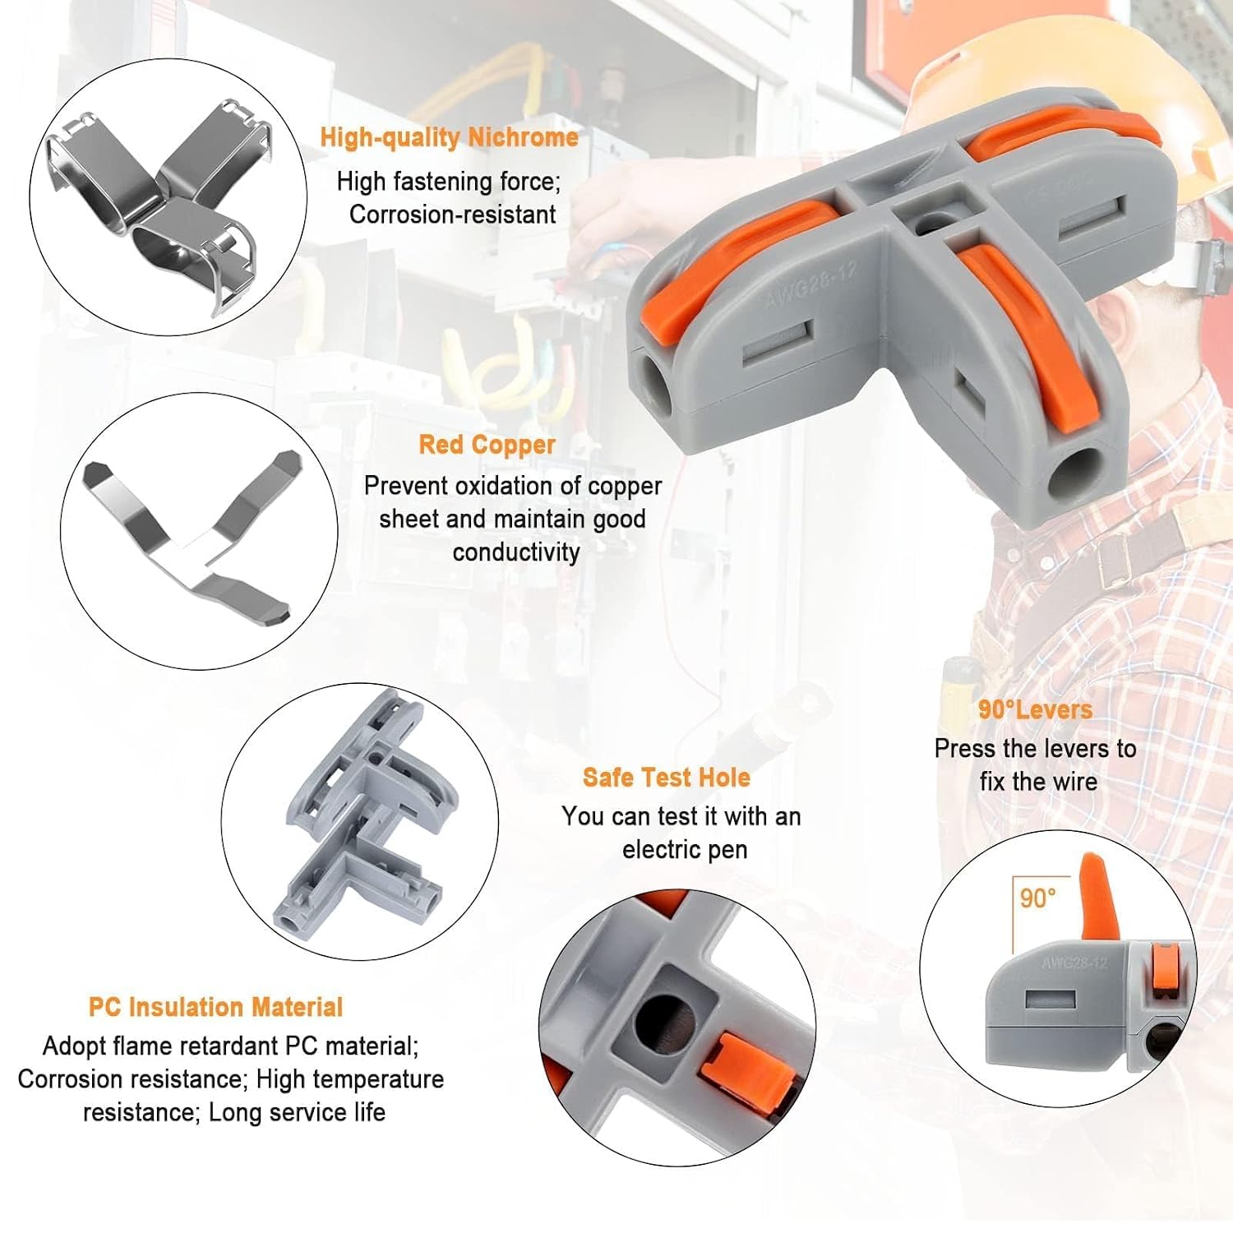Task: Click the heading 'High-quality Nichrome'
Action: [x=449, y=137]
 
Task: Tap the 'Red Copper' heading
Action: [x=487, y=445]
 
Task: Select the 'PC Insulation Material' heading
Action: [x=215, y=1007]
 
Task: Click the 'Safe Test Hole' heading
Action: [x=666, y=778]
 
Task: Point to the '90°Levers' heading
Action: [x=1035, y=709]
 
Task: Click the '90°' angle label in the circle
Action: [x=1037, y=898]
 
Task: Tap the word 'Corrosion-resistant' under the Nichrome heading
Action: [x=453, y=215]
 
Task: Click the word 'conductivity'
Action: [x=516, y=552]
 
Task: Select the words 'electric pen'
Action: [x=685, y=849]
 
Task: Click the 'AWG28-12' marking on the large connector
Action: [x=811, y=284]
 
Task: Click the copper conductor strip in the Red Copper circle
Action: [x=194, y=534]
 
